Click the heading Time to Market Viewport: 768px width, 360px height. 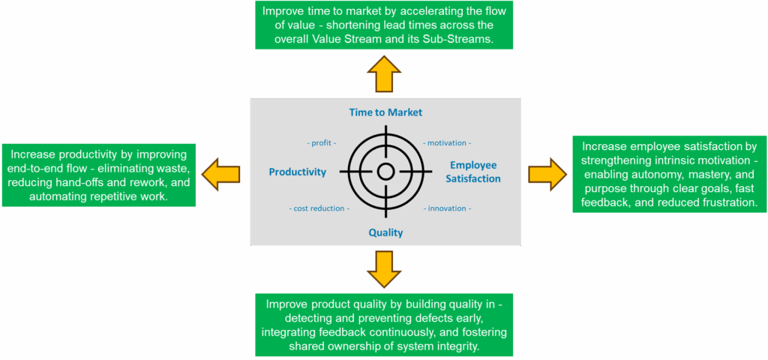point(385,112)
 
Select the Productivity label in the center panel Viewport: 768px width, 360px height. point(297,172)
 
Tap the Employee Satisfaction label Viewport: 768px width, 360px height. point(473,172)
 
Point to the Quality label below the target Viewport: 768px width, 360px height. point(385,232)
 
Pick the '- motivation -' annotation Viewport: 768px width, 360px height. point(448,142)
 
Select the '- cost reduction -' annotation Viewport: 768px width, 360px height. point(319,208)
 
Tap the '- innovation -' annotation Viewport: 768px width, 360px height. point(448,208)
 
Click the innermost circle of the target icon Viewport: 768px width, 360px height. point(385,172)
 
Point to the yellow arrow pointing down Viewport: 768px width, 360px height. point(385,269)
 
